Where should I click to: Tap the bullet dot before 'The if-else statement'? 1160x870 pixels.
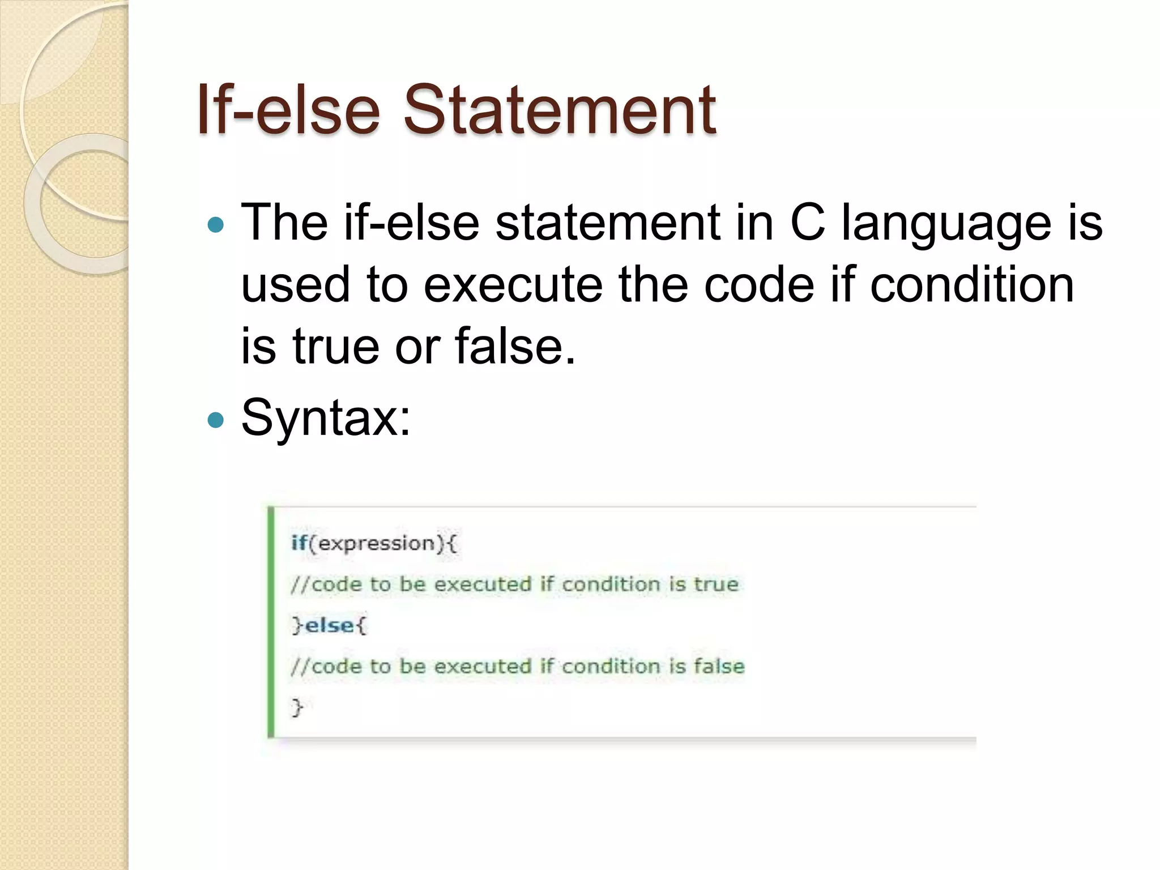click(216, 225)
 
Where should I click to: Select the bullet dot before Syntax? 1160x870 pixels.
click(216, 420)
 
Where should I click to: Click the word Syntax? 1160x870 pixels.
click(326, 418)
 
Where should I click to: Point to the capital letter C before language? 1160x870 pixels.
click(807, 222)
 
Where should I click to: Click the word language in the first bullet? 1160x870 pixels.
click(946, 225)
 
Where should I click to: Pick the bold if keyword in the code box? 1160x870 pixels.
click(299, 543)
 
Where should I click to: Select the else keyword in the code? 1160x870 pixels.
click(330, 625)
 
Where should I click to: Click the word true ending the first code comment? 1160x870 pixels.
click(716, 584)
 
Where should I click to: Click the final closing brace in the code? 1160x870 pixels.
click(297, 707)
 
